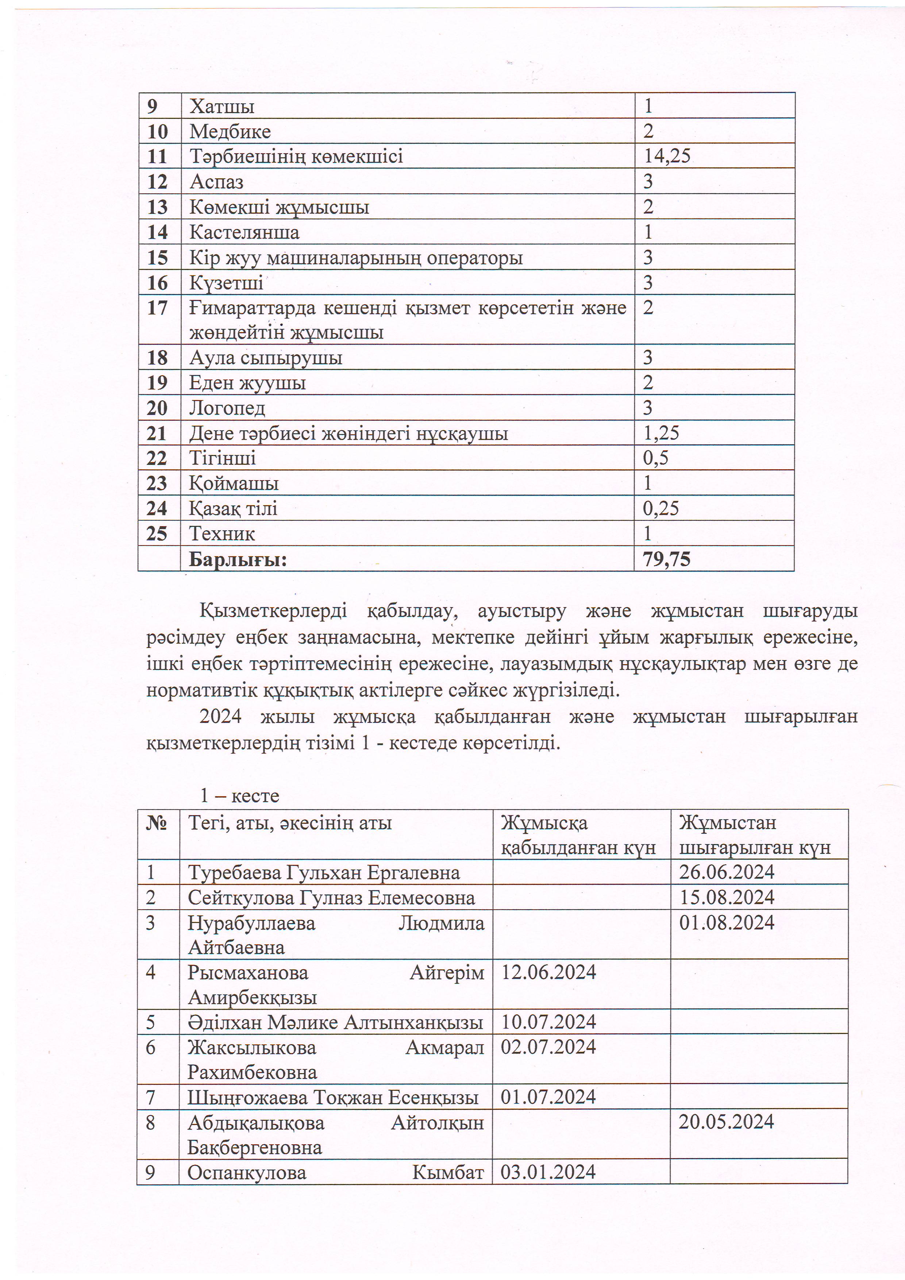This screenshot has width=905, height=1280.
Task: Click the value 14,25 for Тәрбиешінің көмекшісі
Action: coord(667,155)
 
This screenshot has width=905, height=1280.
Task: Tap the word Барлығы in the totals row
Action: coord(238,559)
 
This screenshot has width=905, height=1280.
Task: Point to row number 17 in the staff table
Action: coord(157,308)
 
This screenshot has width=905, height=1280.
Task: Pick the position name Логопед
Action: coord(227,408)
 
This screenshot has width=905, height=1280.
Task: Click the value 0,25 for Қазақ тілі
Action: coord(661,508)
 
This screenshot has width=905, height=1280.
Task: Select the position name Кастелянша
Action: coord(244,232)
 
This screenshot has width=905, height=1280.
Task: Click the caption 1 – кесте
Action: coord(240,795)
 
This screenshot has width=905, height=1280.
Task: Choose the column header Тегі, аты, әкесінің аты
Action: coord(290,823)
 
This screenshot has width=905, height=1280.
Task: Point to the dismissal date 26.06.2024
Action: coord(727,872)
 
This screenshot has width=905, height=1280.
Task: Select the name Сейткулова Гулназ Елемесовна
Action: coord(331,898)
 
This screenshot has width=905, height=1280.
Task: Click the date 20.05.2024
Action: coord(726,1122)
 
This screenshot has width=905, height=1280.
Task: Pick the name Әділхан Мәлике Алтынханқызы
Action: coord(335,1022)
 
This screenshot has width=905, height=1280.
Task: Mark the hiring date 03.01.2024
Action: coord(548,1172)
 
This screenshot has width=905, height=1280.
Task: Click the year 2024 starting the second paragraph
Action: coord(220,716)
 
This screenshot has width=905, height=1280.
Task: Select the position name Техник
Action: coord(222,533)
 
